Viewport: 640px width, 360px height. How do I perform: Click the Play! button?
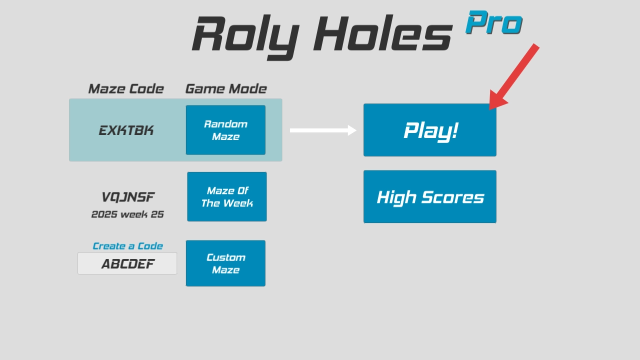pyautogui.click(x=429, y=130)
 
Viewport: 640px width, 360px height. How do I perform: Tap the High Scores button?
pyautogui.click(x=429, y=196)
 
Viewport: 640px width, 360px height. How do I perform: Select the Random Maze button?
pyautogui.click(x=225, y=130)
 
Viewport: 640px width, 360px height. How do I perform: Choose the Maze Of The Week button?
pyautogui.click(x=226, y=196)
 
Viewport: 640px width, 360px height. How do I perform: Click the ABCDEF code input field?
pyautogui.click(x=127, y=263)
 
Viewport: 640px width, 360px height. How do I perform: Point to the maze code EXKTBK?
pyautogui.click(x=126, y=130)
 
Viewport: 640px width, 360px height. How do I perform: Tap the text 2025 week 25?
pyautogui.click(x=127, y=214)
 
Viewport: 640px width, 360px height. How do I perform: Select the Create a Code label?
pyautogui.click(x=127, y=246)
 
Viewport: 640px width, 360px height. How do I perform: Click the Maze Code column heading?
pyautogui.click(x=125, y=89)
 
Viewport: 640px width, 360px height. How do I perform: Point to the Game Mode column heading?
pyautogui.click(x=225, y=89)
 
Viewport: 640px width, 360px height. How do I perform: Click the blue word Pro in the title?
pyautogui.click(x=493, y=23)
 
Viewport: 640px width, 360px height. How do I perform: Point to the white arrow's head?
pyautogui.click(x=353, y=130)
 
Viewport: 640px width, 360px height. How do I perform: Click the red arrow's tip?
pyautogui.click(x=491, y=108)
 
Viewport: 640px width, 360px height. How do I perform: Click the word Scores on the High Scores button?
pyautogui.click(x=452, y=197)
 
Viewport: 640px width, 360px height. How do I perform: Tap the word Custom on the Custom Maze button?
pyautogui.click(x=225, y=257)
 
